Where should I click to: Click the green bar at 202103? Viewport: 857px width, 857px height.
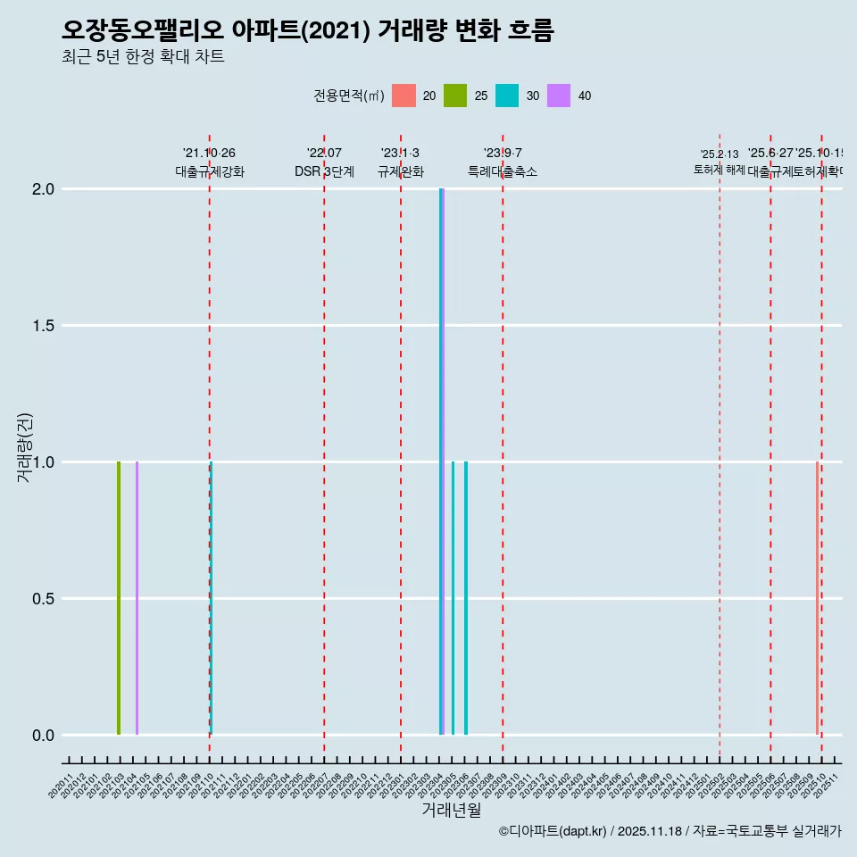coord(119,598)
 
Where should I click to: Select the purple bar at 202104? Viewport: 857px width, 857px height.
coord(137,598)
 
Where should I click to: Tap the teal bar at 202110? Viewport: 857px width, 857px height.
coord(212,598)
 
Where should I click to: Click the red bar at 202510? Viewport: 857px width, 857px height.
coord(817,598)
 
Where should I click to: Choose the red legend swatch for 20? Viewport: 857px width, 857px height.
coord(404,96)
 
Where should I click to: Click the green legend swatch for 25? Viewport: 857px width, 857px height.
coord(455,96)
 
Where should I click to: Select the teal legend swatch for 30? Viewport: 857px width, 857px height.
coord(507,96)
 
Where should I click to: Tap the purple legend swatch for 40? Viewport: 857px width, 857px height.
coord(559,96)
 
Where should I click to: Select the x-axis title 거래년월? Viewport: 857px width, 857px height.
coord(451,811)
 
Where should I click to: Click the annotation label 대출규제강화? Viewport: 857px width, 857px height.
coord(210,171)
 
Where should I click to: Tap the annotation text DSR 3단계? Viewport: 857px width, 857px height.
coord(324,171)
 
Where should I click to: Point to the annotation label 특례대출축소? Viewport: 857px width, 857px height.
coord(503,171)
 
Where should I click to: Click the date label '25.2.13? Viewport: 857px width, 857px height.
coord(720,154)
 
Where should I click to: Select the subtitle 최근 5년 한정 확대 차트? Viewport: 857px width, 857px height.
coord(143,57)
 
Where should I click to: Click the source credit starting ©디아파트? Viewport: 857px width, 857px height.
coord(670,831)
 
